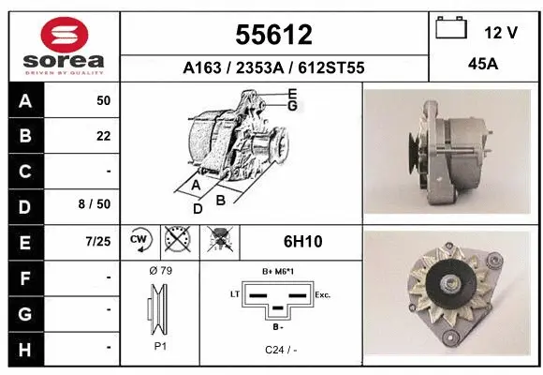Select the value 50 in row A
(x=103, y=100)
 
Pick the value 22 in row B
(x=103, y=136)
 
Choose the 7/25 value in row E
(x=97, y=242)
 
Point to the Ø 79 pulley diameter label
(x=160, y=270)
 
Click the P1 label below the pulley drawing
(x=160, y=346)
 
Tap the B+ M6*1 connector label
(x=279, y=271)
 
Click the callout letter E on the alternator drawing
(x=292, y=94)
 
